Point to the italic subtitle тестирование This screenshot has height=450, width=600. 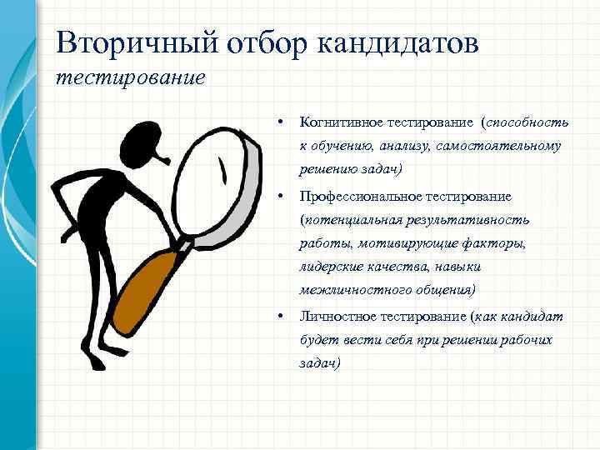pos(130,79)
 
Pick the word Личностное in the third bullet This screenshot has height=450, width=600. pos(338,317)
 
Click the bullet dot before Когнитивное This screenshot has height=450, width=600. pos(282,123)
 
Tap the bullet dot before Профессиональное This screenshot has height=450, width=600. pos(282,197)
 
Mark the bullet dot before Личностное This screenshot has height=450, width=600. pos(282,317)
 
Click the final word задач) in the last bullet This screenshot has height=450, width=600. pos(320,364)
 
